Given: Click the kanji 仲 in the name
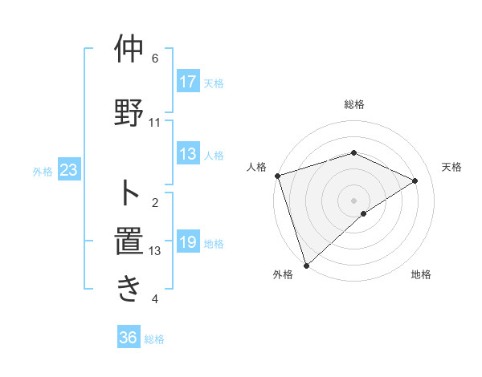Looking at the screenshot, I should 129,50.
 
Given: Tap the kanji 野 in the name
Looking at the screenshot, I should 129,111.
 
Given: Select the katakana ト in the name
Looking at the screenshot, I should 129,193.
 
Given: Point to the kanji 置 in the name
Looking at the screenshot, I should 129,241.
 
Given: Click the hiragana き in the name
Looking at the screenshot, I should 129,290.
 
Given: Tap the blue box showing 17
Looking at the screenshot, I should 187,82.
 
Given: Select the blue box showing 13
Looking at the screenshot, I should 187,155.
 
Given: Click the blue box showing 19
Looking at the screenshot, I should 187,242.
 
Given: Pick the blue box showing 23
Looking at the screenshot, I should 68,170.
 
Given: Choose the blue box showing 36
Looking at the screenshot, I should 128,338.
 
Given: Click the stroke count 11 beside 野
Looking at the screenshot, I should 155,123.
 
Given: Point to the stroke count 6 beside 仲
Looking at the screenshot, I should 155,58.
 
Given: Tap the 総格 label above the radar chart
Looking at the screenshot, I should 353,104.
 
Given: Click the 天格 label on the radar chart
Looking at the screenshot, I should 451,167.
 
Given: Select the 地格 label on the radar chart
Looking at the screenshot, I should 421,275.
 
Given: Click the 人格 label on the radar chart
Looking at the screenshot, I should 257,167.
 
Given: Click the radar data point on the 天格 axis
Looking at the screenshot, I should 415,180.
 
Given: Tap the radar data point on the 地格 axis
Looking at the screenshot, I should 364,213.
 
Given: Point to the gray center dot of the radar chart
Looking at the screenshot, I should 353,200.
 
